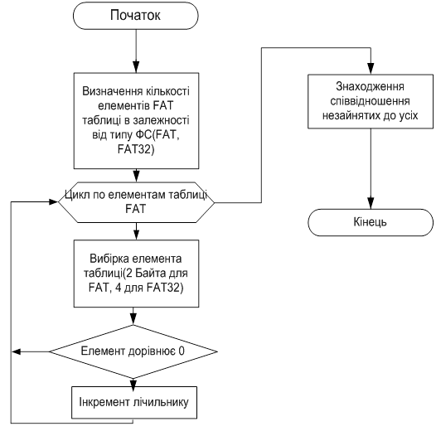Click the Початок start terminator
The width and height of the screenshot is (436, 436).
coord(136,16)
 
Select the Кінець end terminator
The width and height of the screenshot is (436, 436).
coord(371,222)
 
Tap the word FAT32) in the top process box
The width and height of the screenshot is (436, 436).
coord(136,149)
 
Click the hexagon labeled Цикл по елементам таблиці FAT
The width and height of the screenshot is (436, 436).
coord(136,202)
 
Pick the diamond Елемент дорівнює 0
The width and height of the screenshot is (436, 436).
coord(133,351)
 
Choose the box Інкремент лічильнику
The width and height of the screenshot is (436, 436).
coord(134,402)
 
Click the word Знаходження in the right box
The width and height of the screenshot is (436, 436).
coord(370,86)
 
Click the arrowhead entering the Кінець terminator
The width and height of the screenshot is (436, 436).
coord(371,203)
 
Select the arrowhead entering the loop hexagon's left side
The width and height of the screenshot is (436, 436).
coord(52,202)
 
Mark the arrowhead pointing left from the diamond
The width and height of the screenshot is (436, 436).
coord(17,351)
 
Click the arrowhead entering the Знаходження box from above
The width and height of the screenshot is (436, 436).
coord(371,69)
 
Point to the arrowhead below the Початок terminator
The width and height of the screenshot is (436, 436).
coord(136,67)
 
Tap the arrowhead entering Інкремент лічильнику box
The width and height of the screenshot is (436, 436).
coord(133,383)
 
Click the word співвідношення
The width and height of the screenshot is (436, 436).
coord(370,101)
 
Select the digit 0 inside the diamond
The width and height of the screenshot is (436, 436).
coord(182,351)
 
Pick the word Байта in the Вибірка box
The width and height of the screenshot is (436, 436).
coord(151,273)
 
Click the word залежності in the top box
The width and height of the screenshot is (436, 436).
coord(161,121)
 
